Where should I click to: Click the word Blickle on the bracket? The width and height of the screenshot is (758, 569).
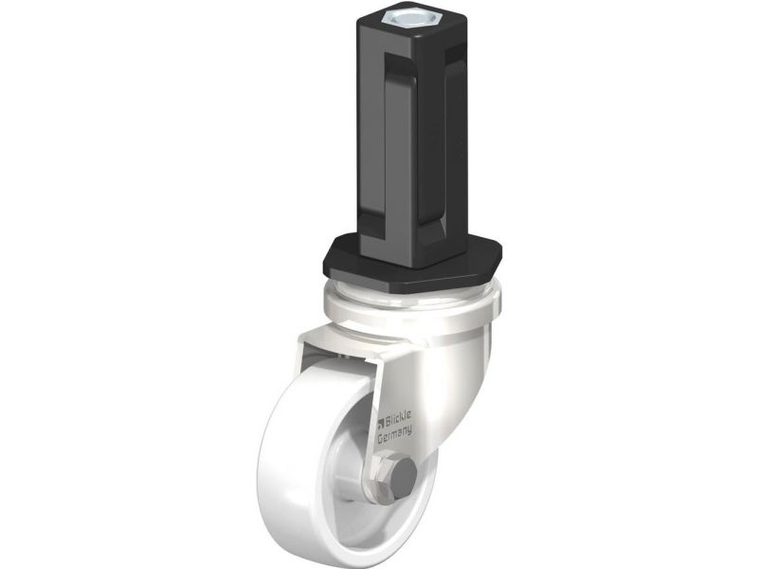point(398,417)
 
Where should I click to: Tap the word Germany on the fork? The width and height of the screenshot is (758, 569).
point(394,433)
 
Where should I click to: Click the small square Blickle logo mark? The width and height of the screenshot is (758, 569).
point(381,423)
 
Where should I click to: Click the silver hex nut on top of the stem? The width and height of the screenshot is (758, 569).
point(402,18)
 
